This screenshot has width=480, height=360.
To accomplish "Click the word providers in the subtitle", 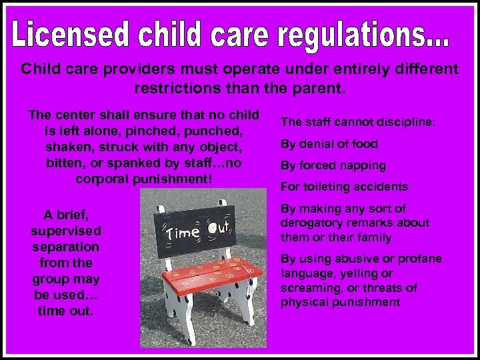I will (129, 69).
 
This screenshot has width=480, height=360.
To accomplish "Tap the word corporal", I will (105, 179).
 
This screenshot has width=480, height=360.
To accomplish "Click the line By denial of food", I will (329, 144).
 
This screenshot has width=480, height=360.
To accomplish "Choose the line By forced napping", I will (333, 165).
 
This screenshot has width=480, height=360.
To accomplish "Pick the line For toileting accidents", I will (344, 187).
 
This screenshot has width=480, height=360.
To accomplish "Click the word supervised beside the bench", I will (66, 230).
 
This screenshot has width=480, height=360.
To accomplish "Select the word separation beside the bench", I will (66, 246).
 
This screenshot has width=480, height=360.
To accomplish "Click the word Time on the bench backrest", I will (182, 233).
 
